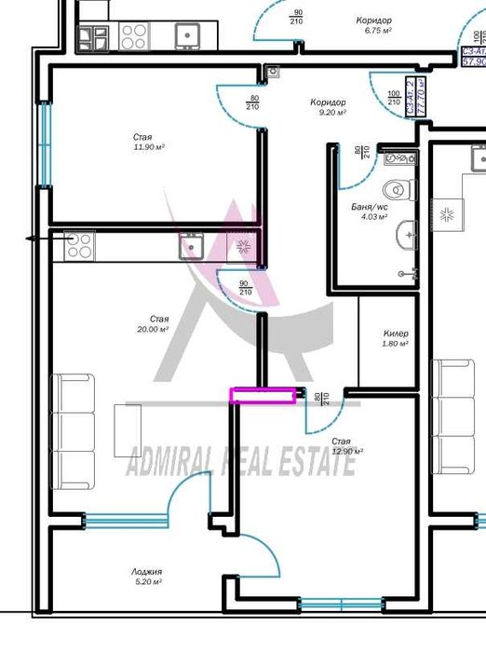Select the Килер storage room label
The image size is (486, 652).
tap(396, 333)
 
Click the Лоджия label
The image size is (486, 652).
tap(147, 572)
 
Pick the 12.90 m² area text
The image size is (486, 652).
tap(346, 451)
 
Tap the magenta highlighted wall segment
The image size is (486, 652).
tap(265, 396)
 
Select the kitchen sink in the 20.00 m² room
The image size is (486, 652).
tap(194, 247)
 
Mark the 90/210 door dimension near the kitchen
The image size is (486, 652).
tap(245, 288)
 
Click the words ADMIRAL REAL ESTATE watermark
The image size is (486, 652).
tap(240, 460)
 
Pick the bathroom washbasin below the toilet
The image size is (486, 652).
tap(407, 235)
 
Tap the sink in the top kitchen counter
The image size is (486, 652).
tap(189, 35)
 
